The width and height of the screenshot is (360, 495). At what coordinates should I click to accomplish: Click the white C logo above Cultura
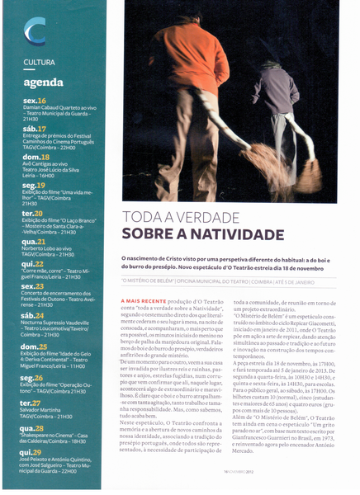(35, 32)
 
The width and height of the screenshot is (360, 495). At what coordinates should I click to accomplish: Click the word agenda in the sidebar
(43, 82)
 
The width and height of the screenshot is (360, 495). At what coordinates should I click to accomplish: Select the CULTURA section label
(40, 63)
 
